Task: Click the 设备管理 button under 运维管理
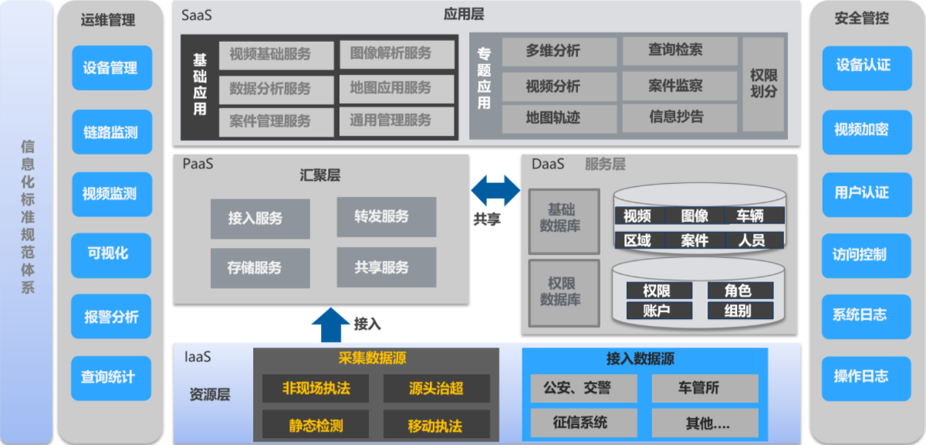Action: pos(111,68)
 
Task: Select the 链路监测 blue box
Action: pos(111,132)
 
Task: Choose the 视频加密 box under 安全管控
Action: pos(860,130)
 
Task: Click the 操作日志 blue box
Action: pos(860,377)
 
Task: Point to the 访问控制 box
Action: pos(860,254)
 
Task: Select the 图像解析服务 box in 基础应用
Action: pos(390,54)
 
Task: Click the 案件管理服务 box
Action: pos(270,121)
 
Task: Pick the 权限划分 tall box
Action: pos(763,83)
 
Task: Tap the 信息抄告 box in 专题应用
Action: pos(676,117)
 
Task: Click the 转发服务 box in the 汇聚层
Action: pos(386,217)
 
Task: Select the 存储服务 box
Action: pos(259,268)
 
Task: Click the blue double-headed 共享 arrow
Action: pos(496,190)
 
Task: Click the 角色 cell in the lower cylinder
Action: pos(739,290)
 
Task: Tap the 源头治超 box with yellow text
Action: pos(436,389)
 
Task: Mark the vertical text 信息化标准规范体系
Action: pos(28,216)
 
